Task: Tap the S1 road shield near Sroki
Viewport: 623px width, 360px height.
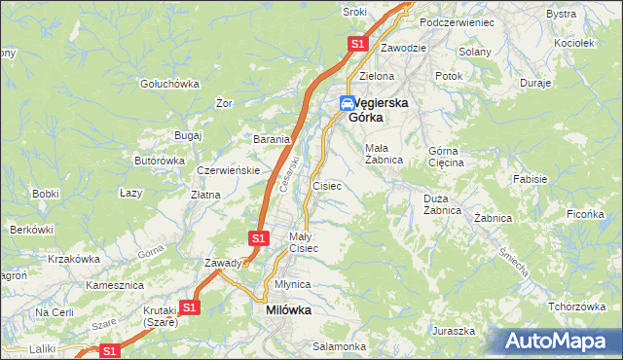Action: coord(357,44)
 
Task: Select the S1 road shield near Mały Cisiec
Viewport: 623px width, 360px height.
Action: coord(258,237)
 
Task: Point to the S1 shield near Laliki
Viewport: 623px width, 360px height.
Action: coord(110,350)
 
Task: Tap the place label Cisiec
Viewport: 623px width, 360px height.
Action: coord(326,185)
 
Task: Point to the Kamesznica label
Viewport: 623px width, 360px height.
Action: coord(114,285)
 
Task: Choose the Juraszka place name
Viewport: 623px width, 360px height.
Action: coord(454,331)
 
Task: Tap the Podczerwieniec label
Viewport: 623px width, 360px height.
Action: coord(457,21)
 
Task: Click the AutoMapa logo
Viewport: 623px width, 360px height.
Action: coord(558,341)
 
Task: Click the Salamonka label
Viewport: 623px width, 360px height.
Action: coord(339,346)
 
